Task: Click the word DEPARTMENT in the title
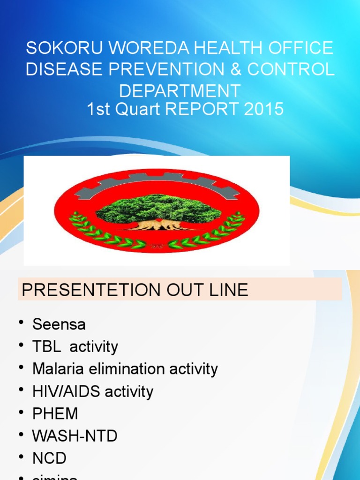pos(180,90)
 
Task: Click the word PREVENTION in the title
pos(168,69)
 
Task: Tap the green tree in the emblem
pos(158,209)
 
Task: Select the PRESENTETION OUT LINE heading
pos(135,290)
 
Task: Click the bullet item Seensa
pos(59,324)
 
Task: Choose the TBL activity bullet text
pos(75,347)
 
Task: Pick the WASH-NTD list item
pos(75,436)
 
